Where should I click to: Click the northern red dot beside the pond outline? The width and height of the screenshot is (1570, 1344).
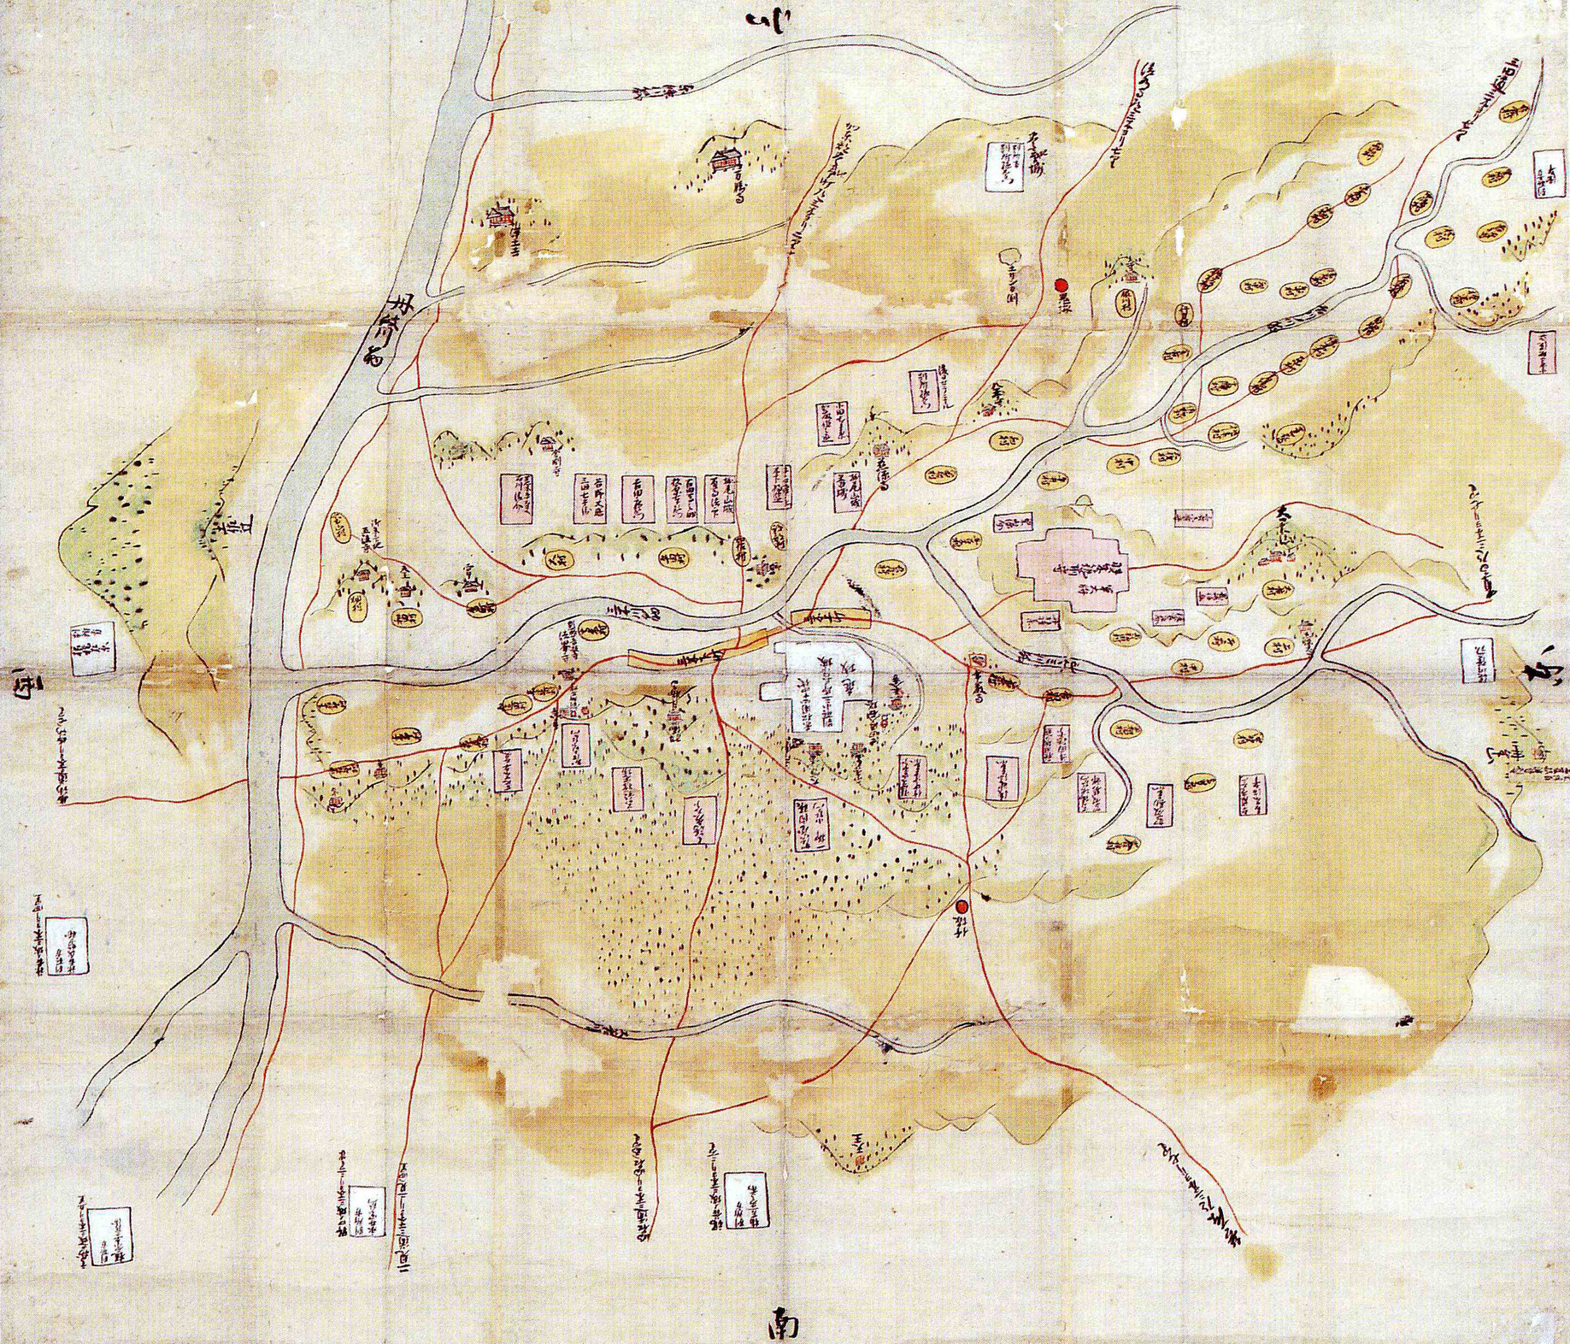[x=1062, y=286]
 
